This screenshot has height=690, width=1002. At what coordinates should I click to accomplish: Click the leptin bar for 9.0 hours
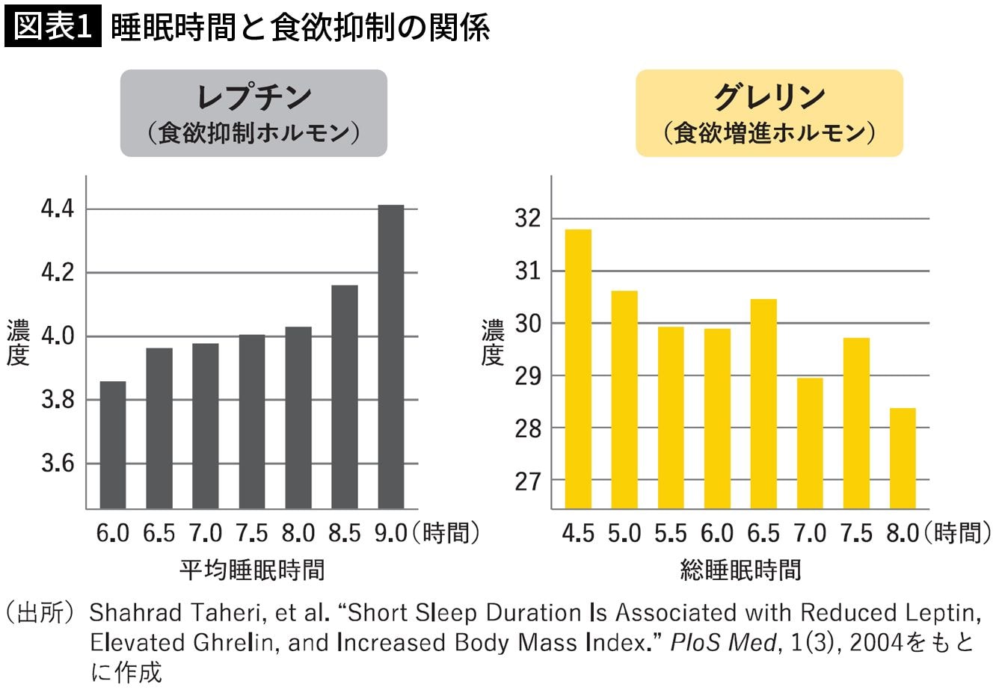coord(390,357)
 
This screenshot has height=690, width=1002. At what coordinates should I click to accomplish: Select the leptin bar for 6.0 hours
coord(113,445)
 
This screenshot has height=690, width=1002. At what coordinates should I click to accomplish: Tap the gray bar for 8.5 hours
coord(344,397)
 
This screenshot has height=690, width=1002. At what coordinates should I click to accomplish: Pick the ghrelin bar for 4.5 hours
coord(578,369)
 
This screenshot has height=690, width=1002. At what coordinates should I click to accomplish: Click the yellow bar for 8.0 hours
coord(903,458)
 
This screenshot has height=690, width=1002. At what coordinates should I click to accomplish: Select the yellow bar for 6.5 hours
coord(763,404)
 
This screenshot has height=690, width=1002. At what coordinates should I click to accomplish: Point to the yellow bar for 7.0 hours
coord(810,443)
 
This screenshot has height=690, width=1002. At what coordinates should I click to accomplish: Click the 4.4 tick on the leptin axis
coord(58,209)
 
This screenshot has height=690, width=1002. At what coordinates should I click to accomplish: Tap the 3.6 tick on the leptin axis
coord(58,463)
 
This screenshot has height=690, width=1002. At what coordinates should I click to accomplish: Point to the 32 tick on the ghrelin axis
coord(527,218)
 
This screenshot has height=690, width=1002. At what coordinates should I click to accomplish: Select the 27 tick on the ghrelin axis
coord(527,481)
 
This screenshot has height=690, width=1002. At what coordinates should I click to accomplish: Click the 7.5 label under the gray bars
coord(252,533)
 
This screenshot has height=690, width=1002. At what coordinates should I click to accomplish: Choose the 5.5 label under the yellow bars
coord(671,533)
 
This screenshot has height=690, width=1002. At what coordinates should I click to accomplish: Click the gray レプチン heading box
coord(253,113)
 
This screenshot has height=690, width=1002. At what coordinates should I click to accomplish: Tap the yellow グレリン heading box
coord(769,113)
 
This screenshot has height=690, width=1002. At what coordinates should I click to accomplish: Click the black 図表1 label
coord(52,28)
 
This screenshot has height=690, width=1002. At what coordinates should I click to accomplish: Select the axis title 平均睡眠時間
coord(252,570)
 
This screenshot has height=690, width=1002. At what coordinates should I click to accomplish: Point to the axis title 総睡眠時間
coord(740,570)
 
